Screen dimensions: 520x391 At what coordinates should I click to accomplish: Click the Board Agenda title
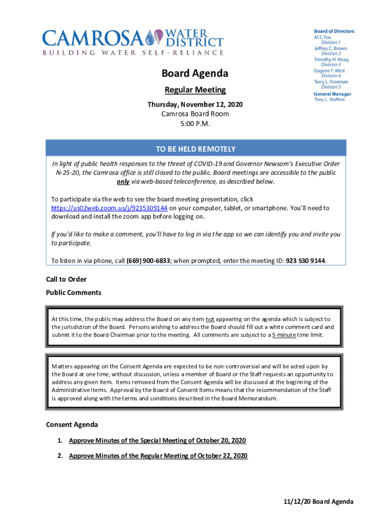click(195, 74)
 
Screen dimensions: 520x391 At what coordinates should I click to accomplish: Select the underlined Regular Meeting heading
click(195, 90)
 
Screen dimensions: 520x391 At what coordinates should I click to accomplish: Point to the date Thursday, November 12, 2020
click(195, 105)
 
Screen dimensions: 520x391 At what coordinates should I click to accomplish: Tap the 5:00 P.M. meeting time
click(195, 123)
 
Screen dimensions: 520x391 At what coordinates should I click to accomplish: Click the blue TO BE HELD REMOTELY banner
click(195, 149)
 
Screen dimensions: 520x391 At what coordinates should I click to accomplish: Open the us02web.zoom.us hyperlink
click(110, 208)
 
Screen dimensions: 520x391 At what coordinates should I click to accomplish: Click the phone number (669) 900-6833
click(148, 261)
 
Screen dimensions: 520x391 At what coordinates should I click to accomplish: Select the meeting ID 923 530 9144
click(306, 261)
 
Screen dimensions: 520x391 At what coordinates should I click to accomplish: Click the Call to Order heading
click(67, 279)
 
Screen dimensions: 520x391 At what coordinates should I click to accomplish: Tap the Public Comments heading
click(74, 292)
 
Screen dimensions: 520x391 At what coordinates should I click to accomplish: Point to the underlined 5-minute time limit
click(284, 335)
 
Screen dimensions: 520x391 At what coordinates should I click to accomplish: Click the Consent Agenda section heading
click(72, 425)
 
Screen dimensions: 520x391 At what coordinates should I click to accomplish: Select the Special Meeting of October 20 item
click(157, 440)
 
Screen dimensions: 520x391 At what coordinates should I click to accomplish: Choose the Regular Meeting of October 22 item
click(158, 456)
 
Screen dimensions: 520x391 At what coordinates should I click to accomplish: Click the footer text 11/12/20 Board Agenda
click(318, 502)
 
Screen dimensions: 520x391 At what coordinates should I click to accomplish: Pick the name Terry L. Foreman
click(331, 82)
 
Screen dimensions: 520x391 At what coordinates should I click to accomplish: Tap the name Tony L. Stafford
click(329, 100)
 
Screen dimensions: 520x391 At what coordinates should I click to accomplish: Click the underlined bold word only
click(123, 182)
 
